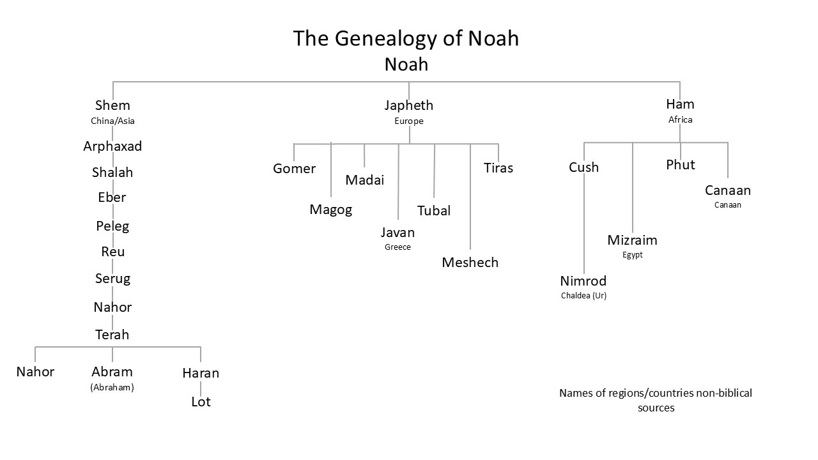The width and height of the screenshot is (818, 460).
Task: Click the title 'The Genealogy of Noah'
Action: point(406,38)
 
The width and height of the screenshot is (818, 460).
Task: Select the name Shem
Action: point(112,105)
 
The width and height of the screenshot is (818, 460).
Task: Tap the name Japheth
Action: point(408,105)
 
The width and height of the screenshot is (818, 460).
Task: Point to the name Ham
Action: point(680,104)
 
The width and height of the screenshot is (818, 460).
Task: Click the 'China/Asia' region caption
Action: point(112,121)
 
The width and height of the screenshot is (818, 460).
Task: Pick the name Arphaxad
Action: point(112,146)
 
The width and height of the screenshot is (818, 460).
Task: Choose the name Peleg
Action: point(112,226)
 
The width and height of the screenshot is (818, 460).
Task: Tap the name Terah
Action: point(112,335)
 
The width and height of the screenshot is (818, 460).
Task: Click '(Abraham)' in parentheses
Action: point(112,387)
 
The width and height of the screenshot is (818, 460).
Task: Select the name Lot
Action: point(201,402)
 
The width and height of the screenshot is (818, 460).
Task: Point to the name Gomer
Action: point(294,169)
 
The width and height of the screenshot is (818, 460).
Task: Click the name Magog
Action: point(330,210)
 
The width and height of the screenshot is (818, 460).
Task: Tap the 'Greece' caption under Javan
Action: point(397,247)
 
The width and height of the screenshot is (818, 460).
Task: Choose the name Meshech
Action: point(470,263)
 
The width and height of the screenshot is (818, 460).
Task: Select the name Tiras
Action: point(498,168)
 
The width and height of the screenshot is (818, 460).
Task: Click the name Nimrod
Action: point(583,281)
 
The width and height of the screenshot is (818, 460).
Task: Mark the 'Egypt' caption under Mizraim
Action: point(632,255)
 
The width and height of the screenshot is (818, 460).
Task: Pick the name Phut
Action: point(680,165)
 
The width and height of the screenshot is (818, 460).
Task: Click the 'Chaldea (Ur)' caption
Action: point(583,296)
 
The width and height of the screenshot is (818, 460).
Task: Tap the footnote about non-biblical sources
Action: point(656,400)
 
